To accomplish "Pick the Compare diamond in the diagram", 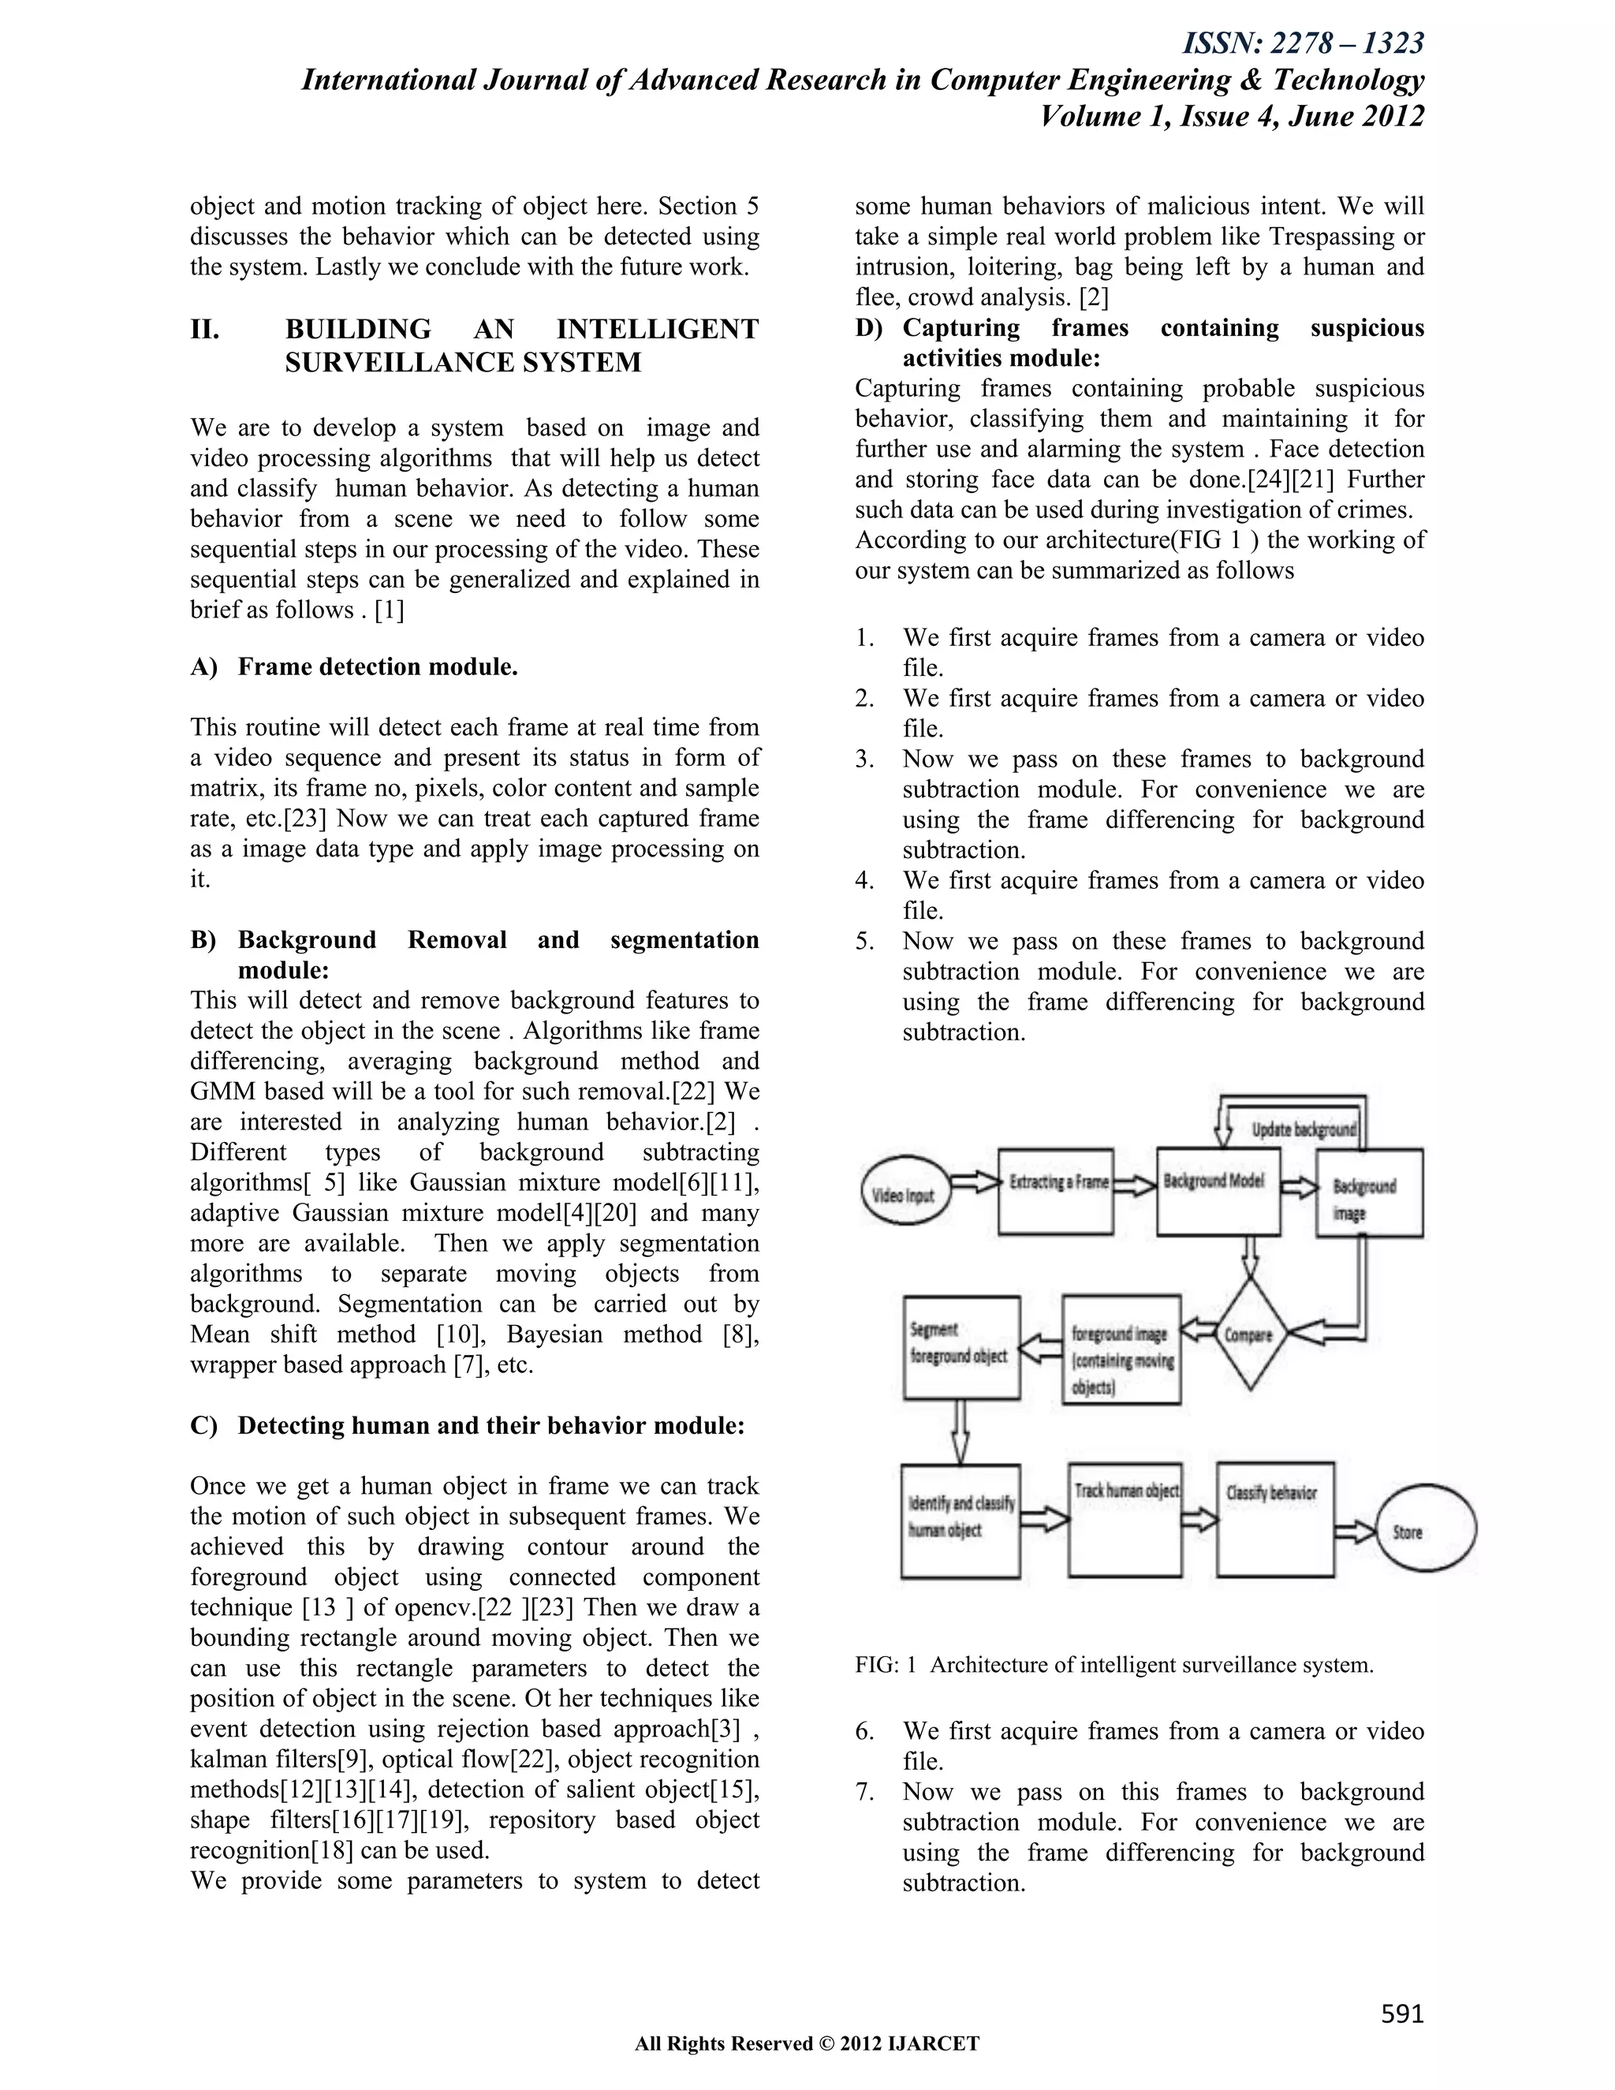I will point(1250,1334).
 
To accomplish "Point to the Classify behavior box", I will point(1274,1519).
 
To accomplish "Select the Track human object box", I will point(1125,1519).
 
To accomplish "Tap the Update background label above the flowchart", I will point(1303,1129).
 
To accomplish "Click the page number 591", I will point(1401,2014).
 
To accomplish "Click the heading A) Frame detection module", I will point(354,666).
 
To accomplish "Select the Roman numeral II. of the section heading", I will point(205,329).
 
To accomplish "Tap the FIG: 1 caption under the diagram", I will point(1113,1664).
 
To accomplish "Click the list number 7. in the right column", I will point(865,1791).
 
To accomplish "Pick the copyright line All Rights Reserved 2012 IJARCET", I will point(807,2044).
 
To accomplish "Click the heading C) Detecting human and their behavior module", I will point(467,1425).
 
